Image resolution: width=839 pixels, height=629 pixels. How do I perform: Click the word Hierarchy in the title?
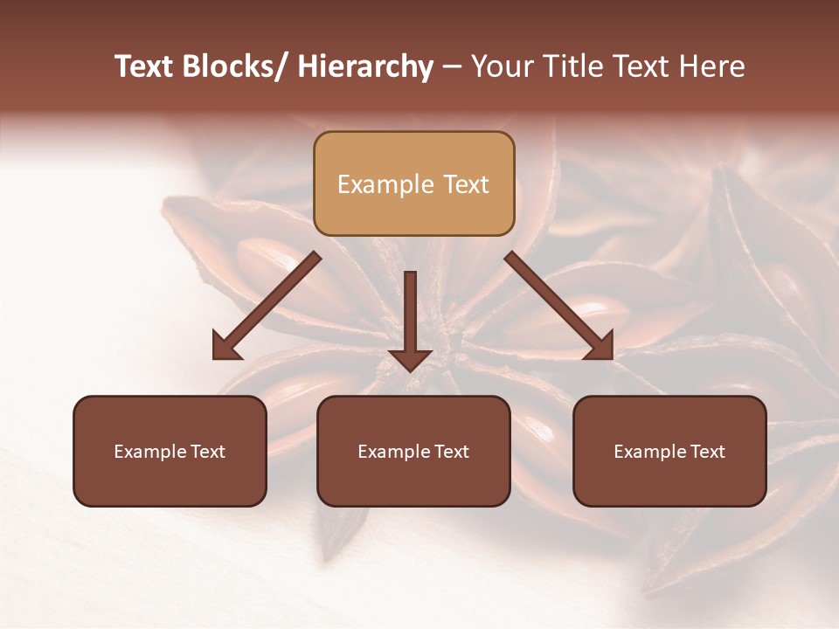click(x=365, y=67)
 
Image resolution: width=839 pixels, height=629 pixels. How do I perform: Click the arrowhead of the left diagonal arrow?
click(x=225, y=346)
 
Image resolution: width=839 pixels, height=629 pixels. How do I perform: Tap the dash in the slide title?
click(x=452, y=67)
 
